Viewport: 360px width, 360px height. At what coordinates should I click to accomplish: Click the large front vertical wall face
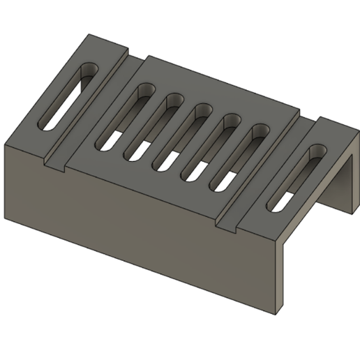pyautogui.click(x=140, y=223)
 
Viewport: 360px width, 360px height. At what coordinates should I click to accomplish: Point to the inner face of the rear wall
pyautogui.click(x=342, y=174)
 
